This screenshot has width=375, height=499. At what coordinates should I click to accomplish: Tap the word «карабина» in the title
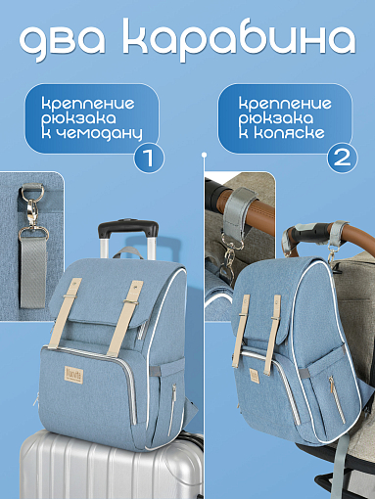click(239, 39)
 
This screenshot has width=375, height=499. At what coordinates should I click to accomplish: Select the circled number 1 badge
click(149, 158)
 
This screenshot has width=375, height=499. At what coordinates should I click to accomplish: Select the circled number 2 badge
click(343, 158)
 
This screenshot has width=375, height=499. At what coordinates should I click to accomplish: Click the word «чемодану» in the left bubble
click(98, 134)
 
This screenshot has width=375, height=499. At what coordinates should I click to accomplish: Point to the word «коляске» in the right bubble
click(290, 132)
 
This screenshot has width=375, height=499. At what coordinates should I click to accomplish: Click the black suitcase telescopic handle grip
click(128, 228)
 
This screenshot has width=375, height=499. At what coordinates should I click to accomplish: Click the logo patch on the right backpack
click(254, 376)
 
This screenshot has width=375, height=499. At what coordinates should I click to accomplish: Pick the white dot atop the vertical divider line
click(205, 155)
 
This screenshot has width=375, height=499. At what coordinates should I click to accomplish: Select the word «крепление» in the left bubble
click(88, 104)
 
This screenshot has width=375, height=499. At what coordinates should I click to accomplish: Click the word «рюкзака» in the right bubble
click(275, 118)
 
